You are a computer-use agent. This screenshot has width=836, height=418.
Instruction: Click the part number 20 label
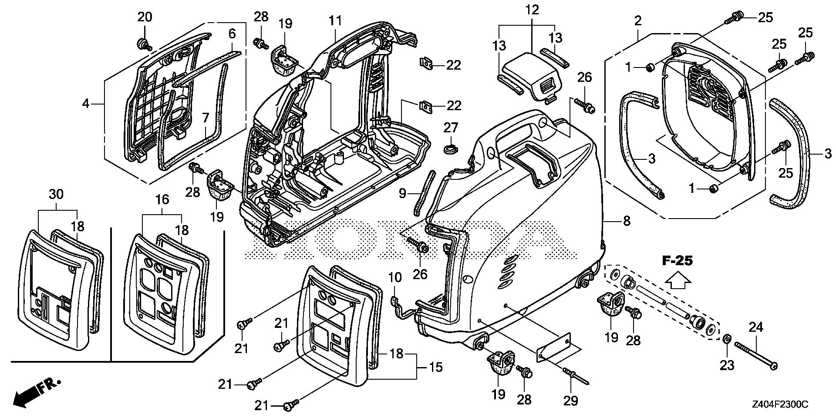coord(145,17)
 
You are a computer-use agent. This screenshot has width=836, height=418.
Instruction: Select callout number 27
coord(451,128)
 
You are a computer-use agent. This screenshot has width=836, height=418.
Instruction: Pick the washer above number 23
coord(727,339)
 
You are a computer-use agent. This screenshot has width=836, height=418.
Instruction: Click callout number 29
coord(571,400)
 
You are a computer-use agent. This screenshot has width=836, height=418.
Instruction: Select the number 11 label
coord(336,21)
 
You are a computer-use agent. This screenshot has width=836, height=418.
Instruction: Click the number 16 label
coord(162,200)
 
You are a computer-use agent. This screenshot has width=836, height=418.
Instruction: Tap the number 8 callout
coord(627,221)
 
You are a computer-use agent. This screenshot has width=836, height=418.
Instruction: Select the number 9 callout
coord(402,192)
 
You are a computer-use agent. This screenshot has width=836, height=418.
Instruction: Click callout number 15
coord(436,367)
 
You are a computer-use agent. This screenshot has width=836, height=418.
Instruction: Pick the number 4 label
coord(86,104)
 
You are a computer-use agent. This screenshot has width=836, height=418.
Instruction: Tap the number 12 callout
coord(532,9)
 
